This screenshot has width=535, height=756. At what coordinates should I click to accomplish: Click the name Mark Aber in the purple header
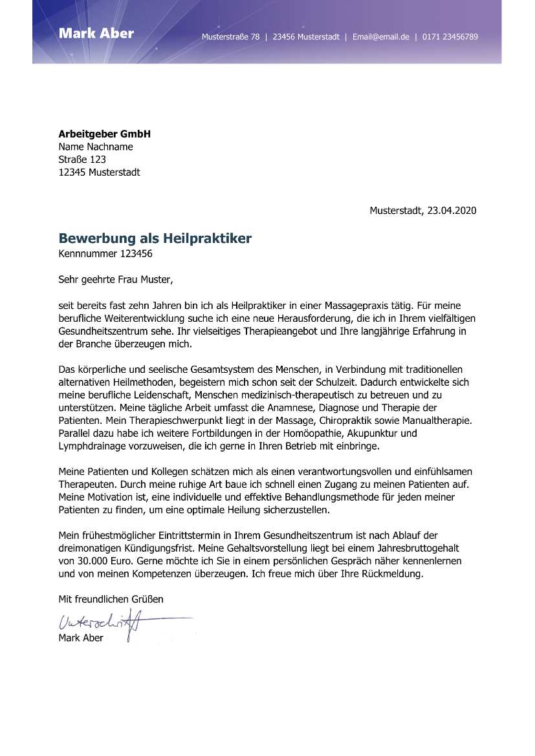coord(96,33)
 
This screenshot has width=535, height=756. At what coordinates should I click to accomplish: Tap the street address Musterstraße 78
coord(230,37)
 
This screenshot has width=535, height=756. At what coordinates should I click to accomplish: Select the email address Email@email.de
coord(380,37)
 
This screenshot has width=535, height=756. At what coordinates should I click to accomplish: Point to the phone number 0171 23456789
coord(450,37)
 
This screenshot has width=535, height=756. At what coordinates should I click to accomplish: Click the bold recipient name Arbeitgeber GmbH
coord(104,134)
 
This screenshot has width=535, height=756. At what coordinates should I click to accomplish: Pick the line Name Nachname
coord(96,147)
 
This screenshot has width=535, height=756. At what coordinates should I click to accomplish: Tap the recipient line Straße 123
coord(82,160)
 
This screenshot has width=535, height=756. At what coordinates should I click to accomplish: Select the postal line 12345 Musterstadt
coord(99,173)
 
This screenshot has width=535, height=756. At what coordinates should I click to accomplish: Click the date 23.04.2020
coord(452,211)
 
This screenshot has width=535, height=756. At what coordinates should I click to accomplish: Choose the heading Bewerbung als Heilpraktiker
coord(155,238)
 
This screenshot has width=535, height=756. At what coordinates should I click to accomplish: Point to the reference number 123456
coord(136,254)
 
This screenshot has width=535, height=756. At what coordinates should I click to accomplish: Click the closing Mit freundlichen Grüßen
coord(111,599)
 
